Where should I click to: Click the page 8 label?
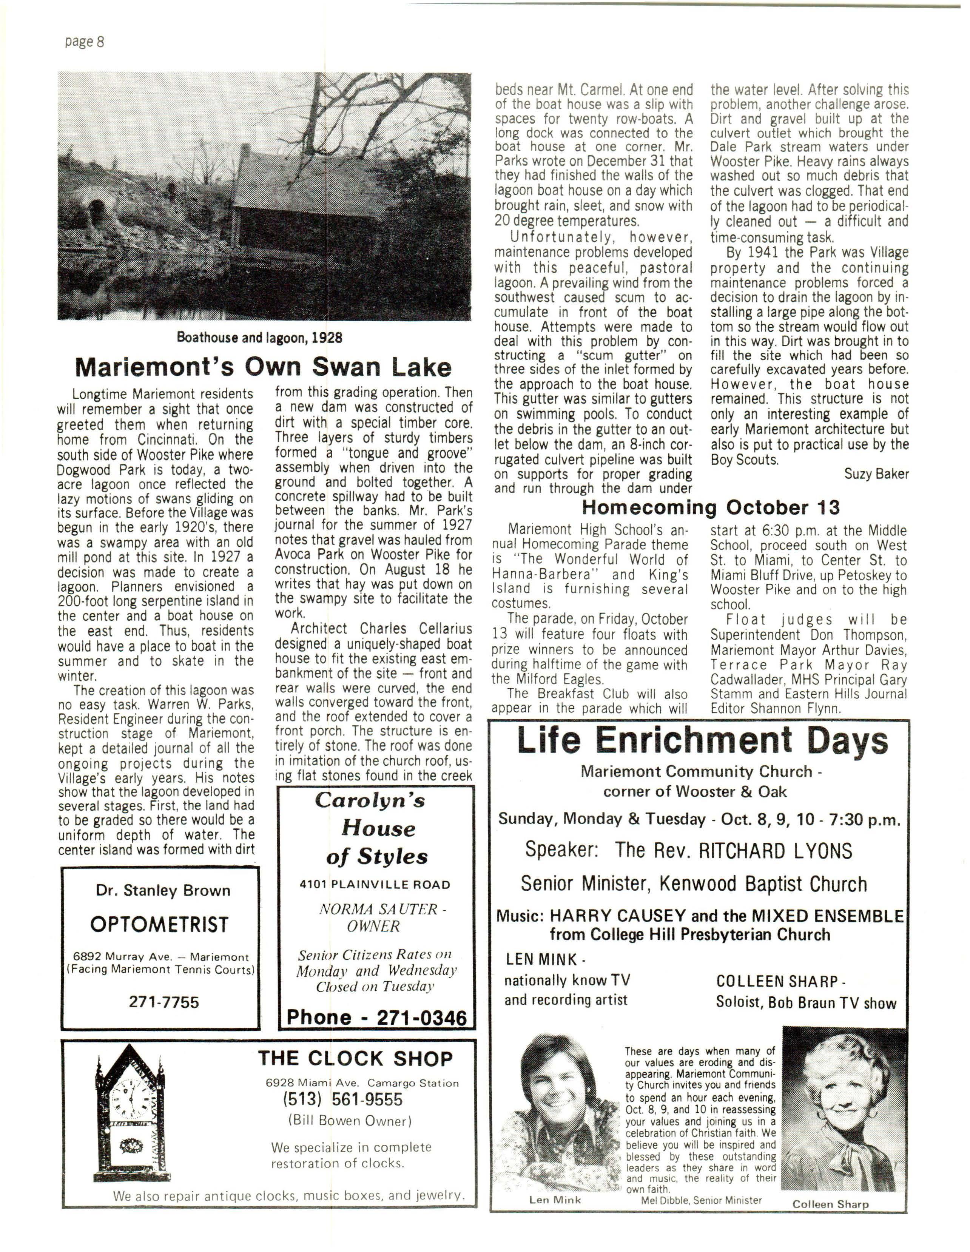pyautogui.click(x=84, y=42)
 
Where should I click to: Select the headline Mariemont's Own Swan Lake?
pyautogui.click(x=263, y=367)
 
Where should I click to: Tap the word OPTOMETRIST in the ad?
pyautogui.click(x=159, y=924)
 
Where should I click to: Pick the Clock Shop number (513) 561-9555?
pyautogui.click(x=342, y=1099)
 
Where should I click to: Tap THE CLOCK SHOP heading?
pyautogui.click(x=355, y=1058)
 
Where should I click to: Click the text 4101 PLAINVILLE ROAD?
pyautogui.click(x=375, y=885)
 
